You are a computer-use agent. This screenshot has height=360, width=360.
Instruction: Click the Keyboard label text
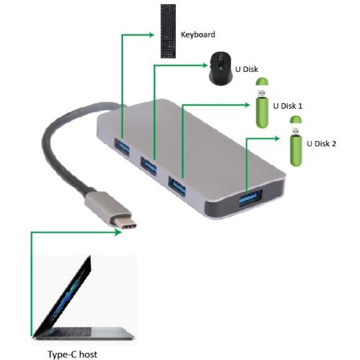click(x=198, y=35)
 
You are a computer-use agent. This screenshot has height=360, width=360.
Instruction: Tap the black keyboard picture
click(x=168, y=31)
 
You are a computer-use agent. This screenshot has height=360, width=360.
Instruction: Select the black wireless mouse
click(x=221, y=68)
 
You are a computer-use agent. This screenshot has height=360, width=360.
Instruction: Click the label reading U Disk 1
click(x=287, y=106)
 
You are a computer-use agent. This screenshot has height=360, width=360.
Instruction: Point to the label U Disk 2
click(x=321, y=144)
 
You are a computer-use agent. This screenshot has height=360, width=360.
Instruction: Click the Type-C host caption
click(x=73, y=354)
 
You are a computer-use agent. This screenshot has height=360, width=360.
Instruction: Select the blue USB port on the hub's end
click(x=250, y=197)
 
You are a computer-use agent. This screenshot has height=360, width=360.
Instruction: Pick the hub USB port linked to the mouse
click(x=148, y=166)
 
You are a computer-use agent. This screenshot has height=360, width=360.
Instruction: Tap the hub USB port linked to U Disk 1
click(x=177, y=186)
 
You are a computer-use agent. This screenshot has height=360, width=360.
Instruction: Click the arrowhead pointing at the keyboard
click(x=151, y=35)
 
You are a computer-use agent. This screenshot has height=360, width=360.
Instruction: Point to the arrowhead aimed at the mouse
click(x=204, y=65)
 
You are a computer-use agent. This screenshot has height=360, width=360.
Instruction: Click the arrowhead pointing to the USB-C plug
click(x=118, y=232)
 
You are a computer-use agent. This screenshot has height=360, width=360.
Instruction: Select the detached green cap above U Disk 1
click(x=262, y=81)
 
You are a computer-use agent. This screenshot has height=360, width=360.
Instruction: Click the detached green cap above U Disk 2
click(x=296, y=120)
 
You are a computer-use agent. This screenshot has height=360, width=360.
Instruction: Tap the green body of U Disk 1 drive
click(x=262, y=112)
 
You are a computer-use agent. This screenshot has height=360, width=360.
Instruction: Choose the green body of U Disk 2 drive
click(x=296, y=150)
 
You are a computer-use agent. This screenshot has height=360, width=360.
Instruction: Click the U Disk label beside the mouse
click(x=246, y=69)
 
